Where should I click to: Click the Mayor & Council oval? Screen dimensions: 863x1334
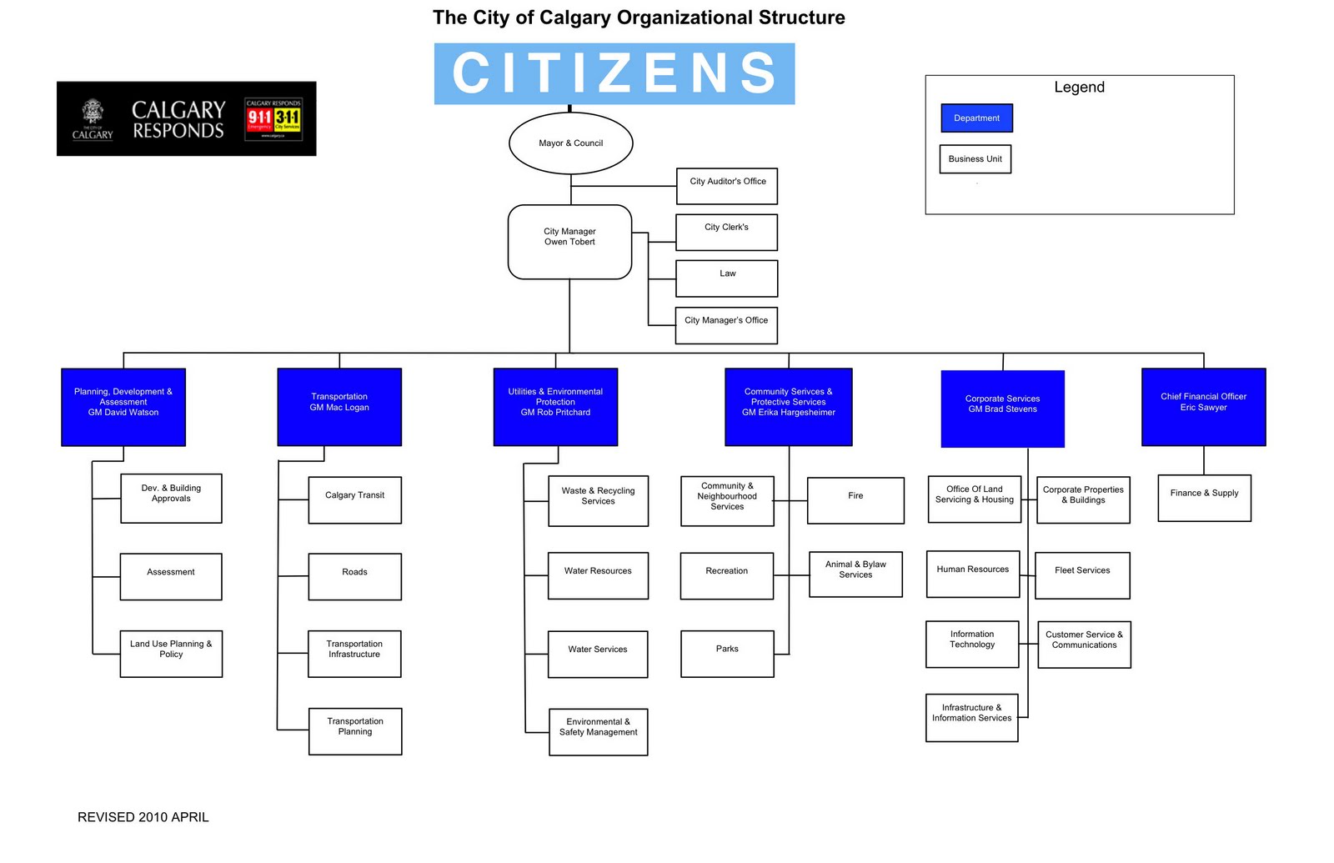571,143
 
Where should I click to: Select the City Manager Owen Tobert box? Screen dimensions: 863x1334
570,242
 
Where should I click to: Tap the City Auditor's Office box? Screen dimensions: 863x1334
727,186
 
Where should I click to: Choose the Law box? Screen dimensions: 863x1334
727,278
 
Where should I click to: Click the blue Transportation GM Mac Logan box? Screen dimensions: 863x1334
339,407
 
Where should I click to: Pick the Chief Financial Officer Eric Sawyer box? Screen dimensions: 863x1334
1203,407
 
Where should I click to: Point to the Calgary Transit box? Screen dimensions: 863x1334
355,499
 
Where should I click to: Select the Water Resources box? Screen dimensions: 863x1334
598,575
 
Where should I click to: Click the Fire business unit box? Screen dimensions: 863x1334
855,500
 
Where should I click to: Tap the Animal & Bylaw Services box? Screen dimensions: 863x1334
855,574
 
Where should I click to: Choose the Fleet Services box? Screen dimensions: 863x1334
1082,575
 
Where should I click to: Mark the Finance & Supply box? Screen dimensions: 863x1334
1204,498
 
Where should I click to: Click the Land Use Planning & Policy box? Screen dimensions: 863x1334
171,654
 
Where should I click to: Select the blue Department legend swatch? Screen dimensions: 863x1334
976,118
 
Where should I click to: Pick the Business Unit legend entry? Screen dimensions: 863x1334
975,159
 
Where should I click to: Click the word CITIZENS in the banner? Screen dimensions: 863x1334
614,73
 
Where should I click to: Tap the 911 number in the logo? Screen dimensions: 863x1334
259,118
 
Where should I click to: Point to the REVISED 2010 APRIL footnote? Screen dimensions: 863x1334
143,817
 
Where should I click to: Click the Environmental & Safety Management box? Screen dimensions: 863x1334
599,731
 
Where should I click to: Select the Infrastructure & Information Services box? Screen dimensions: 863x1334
972,717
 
